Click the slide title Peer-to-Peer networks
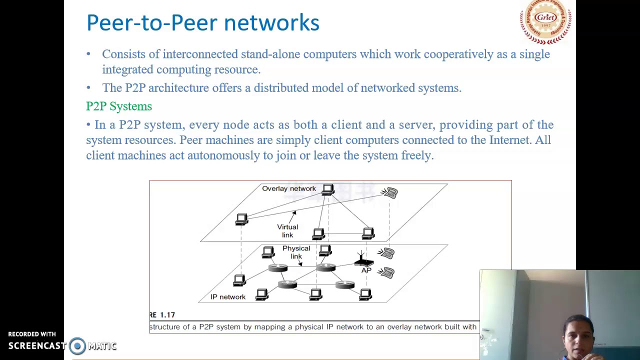[x=202, y=23]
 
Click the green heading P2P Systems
[x=119, y=106]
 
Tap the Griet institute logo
[x=545, y=21]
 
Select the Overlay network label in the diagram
[x=288, y=188]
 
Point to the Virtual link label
[x=287, y=231]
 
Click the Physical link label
[x=296, y=252]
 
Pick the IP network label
[x=227, y=297]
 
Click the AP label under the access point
[x=366, y=270]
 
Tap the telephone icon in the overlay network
[x=389, y=192]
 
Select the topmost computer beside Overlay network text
[x=328, y=189]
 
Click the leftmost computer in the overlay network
[x=241, y=219]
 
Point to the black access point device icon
[x=363, y=261]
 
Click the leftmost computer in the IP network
[x=239, y=280]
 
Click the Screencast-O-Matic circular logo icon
[x=77, y=345]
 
